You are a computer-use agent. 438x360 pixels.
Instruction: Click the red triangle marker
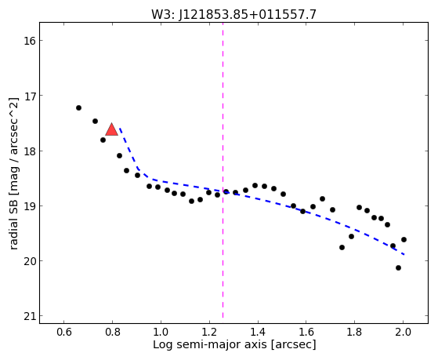click(x=112, y=129)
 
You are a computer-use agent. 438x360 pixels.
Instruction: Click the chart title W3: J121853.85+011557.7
click(x=233, y=14)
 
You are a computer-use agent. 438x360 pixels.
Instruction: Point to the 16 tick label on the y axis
click(x=28, y=41)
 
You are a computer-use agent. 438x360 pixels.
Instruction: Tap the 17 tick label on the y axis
click(x=28, y=96)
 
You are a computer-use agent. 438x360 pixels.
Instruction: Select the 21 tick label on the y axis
click(x=28, y=316)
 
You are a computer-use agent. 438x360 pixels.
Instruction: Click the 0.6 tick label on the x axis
click(x=64, y=332)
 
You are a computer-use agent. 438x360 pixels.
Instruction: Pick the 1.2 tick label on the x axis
click(x=209, y=332)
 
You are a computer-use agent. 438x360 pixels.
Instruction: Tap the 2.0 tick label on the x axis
click(x=403, y=332)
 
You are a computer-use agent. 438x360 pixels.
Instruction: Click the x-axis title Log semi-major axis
click(x=209, y=344)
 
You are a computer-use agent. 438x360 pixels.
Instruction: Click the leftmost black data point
click(x=79, y=107)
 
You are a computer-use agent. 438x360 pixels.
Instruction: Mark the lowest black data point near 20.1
click(x=398, y=267)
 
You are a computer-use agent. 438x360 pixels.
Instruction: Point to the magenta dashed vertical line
click(x=223, y=170)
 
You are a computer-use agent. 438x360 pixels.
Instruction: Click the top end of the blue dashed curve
click(x=120, y=128)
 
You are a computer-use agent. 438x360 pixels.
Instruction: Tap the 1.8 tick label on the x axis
click(x=354, y=332)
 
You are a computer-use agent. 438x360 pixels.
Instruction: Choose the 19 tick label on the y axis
click(x=28, y=205)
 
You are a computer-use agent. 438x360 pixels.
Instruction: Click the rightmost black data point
click(x=404, y=239)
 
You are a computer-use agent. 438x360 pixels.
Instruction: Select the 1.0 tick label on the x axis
click(x=161, y=332)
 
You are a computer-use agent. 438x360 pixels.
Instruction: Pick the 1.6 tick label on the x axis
click(x=306, y=332)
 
